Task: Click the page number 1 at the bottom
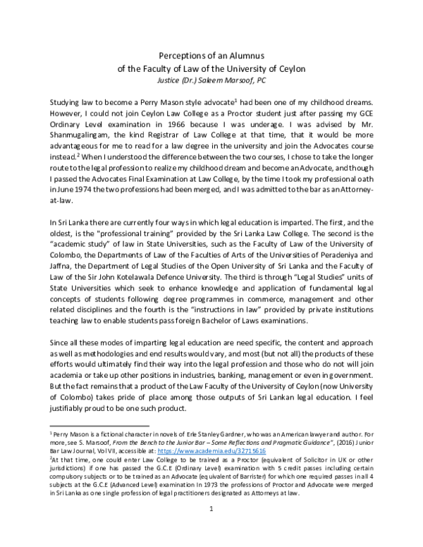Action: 211,526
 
